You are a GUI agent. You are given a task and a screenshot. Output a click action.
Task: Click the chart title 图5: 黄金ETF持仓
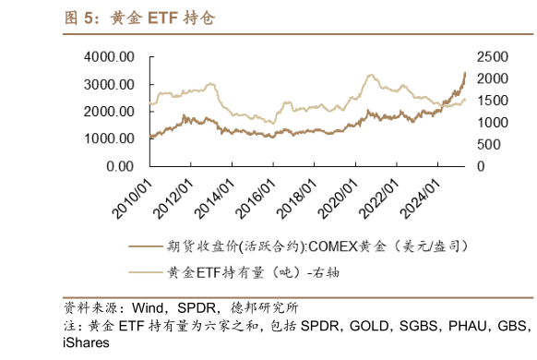(140, 18)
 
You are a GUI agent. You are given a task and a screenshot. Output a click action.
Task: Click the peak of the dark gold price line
(465, 73)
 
